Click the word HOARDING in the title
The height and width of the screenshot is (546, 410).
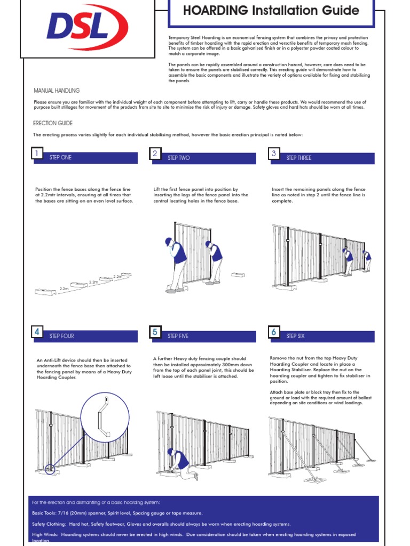tap(215, 11)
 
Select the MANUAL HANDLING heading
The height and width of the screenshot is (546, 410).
tap(57, 91)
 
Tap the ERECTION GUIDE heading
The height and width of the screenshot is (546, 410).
tap(53, 123)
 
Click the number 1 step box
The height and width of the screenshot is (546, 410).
tap(36, 154)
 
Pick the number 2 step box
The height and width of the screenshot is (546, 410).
tap(155, 154)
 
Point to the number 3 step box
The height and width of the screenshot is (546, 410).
tap(274, 154)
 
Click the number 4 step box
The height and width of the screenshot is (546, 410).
tap(36, 332)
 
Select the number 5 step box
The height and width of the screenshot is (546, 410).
tap(155, 332)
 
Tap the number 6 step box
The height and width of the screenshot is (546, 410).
tap(274, 332)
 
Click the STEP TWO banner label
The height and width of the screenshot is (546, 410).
tap(178, 158)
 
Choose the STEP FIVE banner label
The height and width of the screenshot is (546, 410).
tap(178, 336)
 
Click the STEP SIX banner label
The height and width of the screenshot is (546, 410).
tap(298, 336)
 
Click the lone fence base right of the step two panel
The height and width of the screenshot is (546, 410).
tap(238, 275)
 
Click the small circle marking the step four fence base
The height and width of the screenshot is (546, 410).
tap(50, 469)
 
